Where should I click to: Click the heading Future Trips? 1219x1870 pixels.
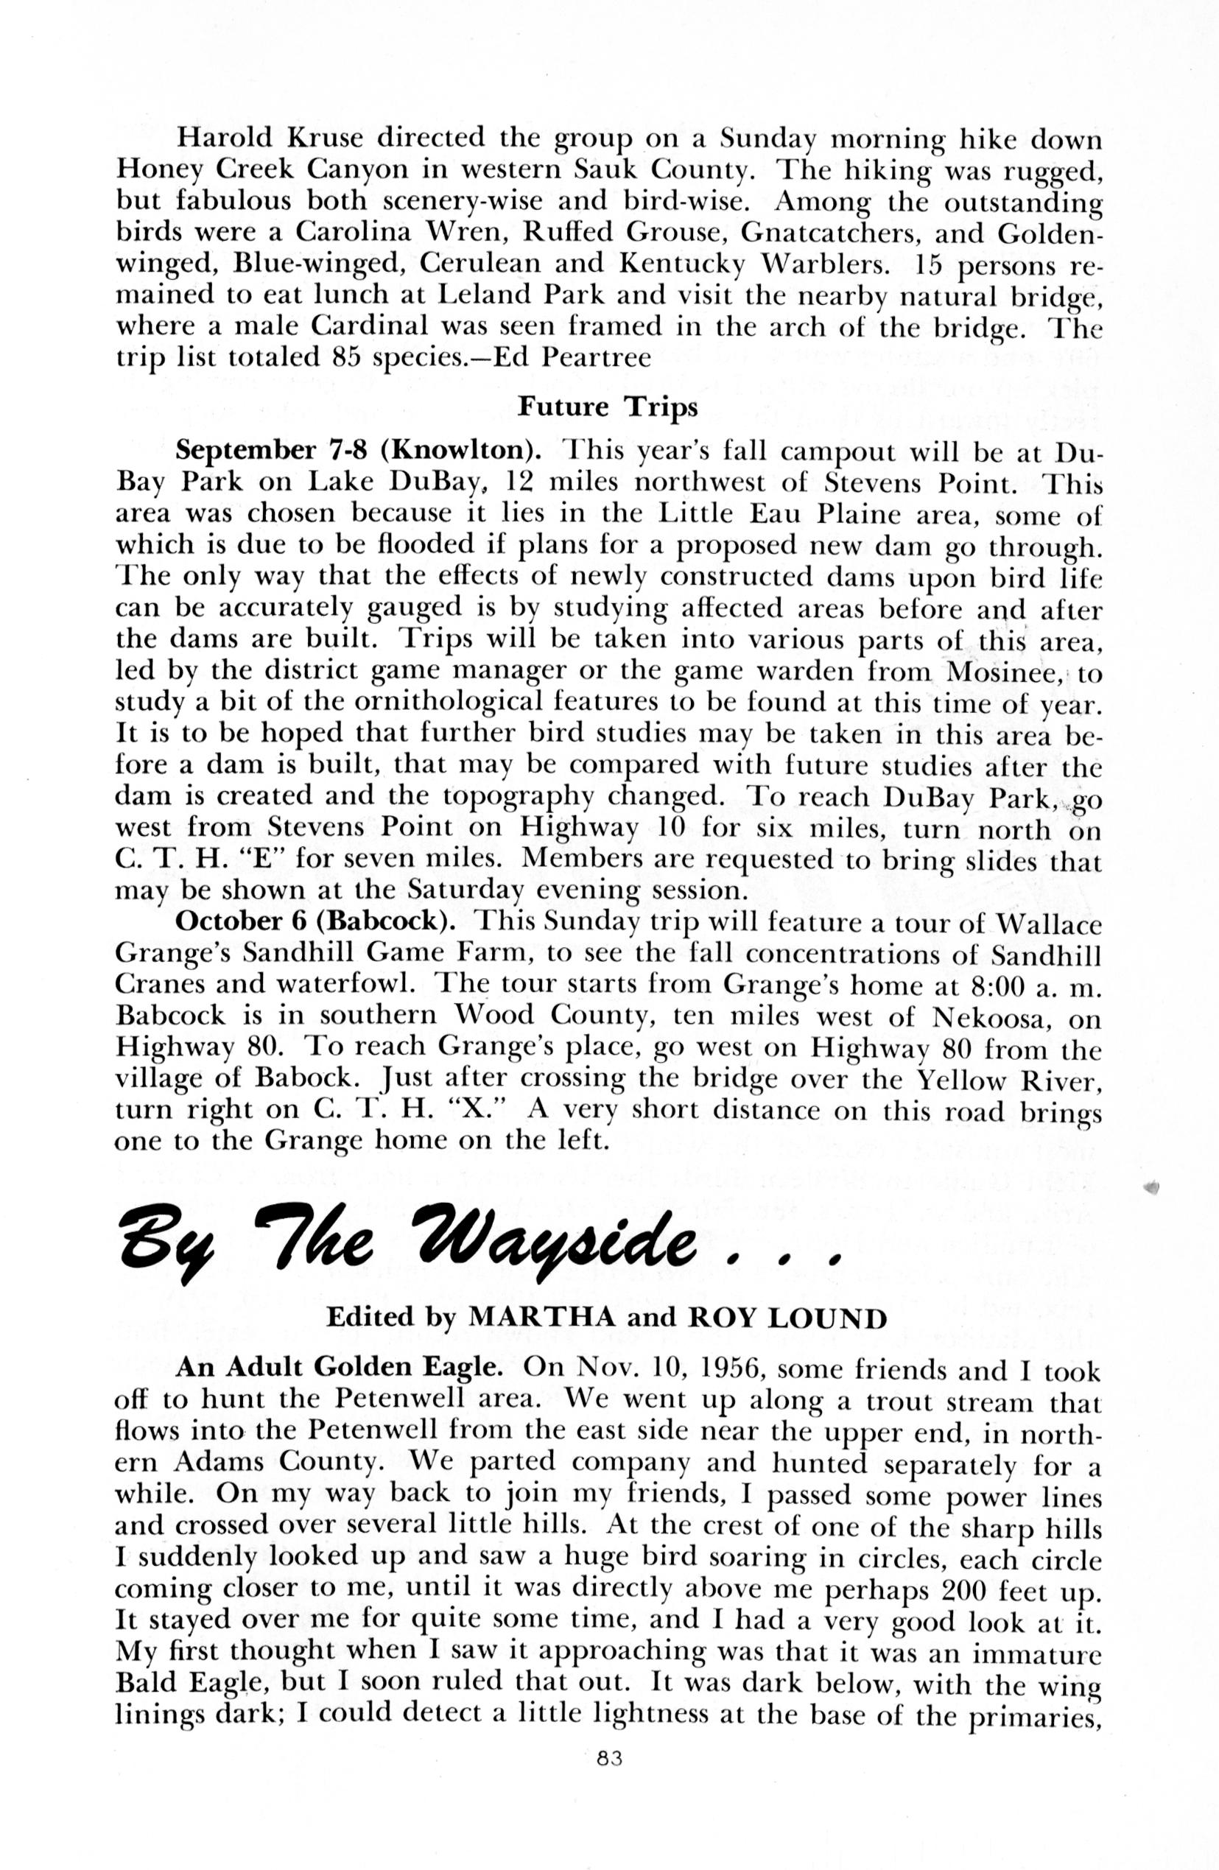(x=608, y=407)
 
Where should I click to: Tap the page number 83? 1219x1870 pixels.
(x=610, y=1781)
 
